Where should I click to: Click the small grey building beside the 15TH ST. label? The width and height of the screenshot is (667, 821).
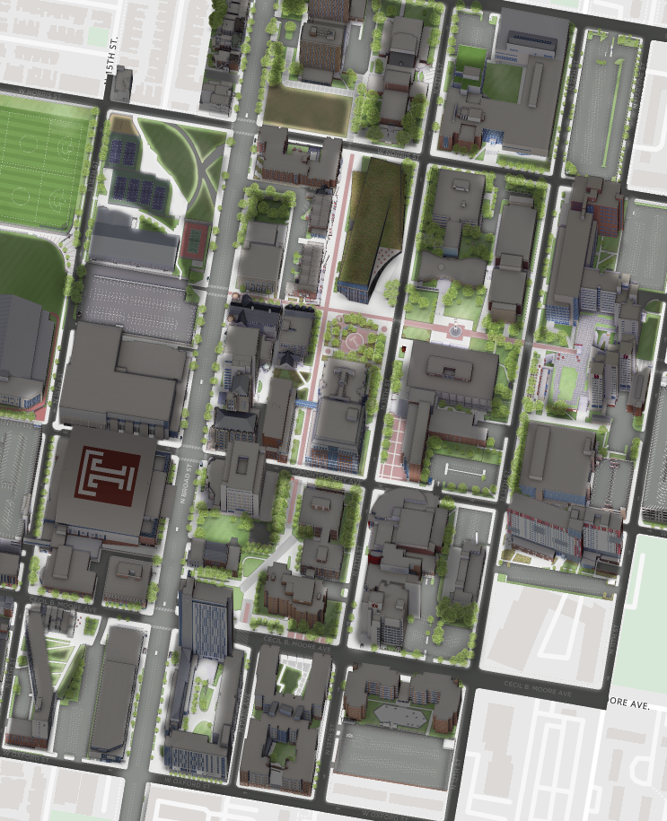pyautogui.click(x=120, y=84)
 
